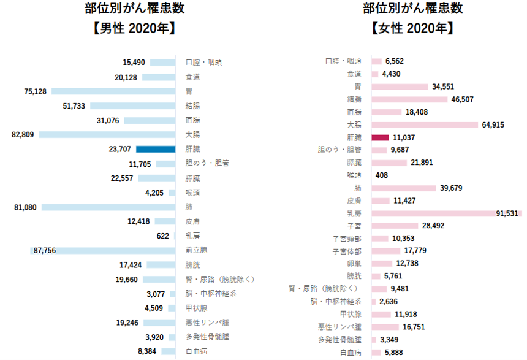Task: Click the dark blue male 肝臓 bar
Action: click(156, 149)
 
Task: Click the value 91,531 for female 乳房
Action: click(507, 213)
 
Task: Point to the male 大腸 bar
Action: click(107, 134)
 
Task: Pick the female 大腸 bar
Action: click(425, 124)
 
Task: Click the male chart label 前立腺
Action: click(197, 250)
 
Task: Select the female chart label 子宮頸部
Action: click(347, 239)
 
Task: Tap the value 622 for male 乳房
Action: click(163, 236)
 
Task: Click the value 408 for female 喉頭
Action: click(382, 175)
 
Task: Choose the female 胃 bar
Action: click(400, 86)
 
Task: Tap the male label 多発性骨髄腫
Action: click(207, 337)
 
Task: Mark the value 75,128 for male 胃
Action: click(36, 91)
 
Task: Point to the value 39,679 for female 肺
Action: click(451, 188)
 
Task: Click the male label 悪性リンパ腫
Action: click(207, 323)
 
